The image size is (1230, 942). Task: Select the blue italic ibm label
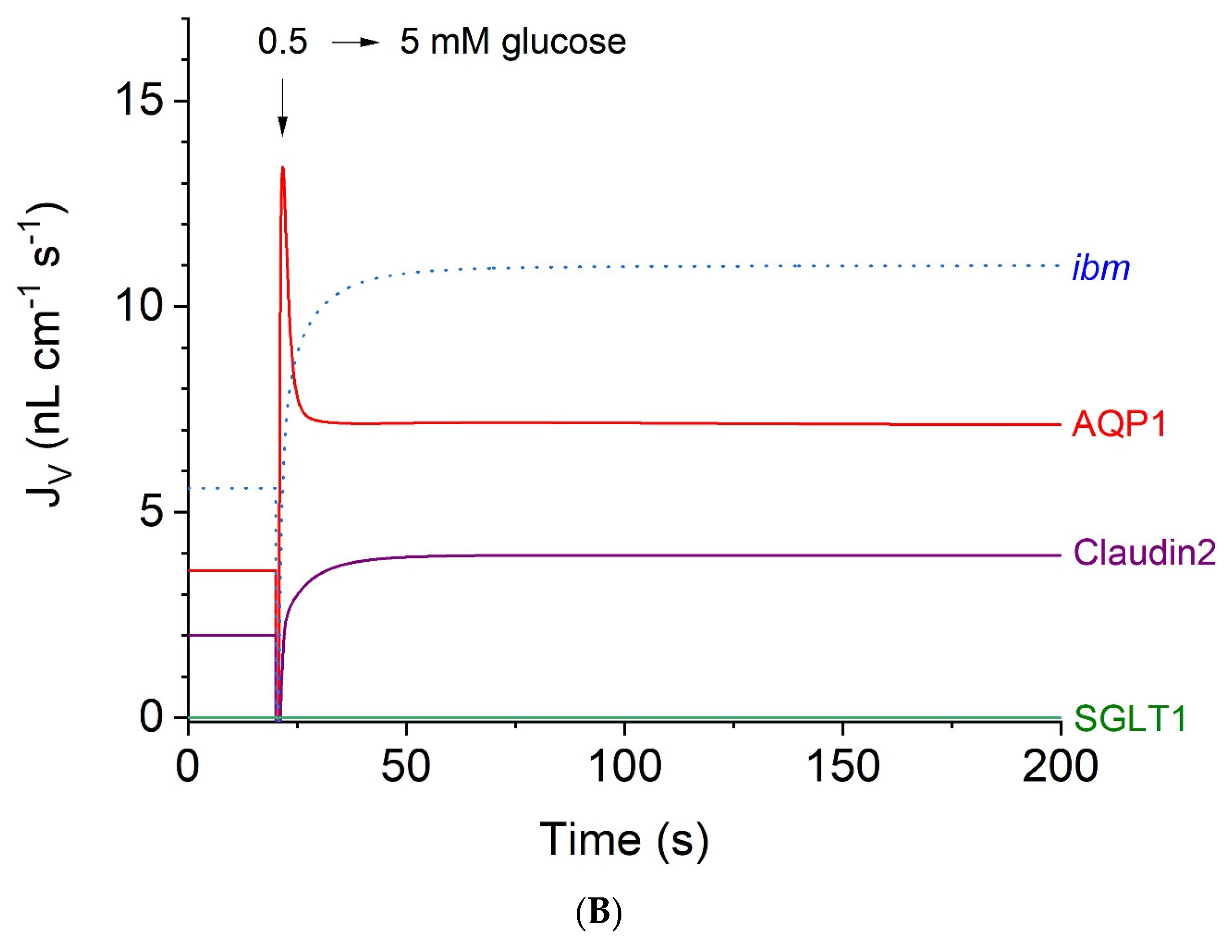1101,268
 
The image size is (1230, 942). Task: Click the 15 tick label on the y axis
139,101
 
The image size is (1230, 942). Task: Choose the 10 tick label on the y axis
139,307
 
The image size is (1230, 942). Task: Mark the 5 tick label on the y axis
151,512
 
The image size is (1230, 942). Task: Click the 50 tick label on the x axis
405,767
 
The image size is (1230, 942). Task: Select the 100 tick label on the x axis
624,767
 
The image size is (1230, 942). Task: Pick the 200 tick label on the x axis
1060,767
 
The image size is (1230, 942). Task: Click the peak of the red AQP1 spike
283,167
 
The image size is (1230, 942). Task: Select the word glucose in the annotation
564,43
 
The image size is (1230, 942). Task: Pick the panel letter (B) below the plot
599,913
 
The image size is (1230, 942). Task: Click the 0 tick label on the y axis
151,717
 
